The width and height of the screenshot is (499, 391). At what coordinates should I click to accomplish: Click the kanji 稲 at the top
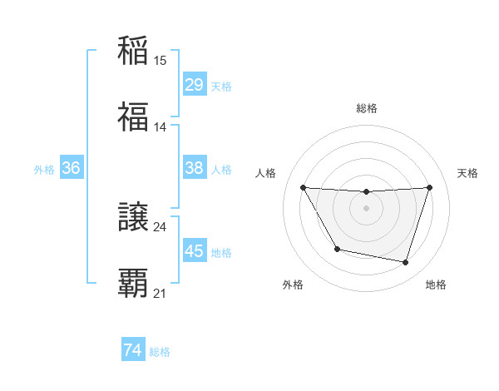click(x=133, y=50)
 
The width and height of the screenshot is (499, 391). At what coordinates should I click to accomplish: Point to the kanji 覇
click(x=133, y=283)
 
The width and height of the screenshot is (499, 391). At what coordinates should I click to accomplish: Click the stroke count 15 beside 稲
click(x=161, y=61)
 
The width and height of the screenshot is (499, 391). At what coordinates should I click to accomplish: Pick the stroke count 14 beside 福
click(x=161, y=127)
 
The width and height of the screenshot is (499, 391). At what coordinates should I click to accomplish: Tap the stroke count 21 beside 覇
click(x=161, y=294)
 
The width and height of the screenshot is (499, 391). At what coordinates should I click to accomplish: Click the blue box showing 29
click(x=194, y=85)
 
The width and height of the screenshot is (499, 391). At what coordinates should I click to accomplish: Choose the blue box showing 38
click(x=194, y=168)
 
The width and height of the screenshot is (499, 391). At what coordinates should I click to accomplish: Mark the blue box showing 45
click(x=194, y=251)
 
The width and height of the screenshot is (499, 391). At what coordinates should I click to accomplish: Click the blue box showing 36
click(x=71, y=168)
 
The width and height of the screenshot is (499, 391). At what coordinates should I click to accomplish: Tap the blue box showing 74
click(x=132, y=351)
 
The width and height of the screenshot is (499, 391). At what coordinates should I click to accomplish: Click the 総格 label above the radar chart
click(x=367, y=108)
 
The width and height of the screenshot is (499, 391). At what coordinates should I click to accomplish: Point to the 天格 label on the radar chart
click(x=467, y=173)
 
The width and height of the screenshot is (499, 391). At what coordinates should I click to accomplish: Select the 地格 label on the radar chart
click(x=436, y=285)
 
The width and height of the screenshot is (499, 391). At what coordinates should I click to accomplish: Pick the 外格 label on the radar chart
click(x=293, y=285)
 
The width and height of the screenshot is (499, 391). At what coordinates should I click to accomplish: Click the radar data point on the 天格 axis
click(x=429, y=187)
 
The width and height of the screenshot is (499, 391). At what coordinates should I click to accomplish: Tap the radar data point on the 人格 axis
click(x=303, y=187)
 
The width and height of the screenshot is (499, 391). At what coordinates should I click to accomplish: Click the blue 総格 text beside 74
click(x=160, y=352)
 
